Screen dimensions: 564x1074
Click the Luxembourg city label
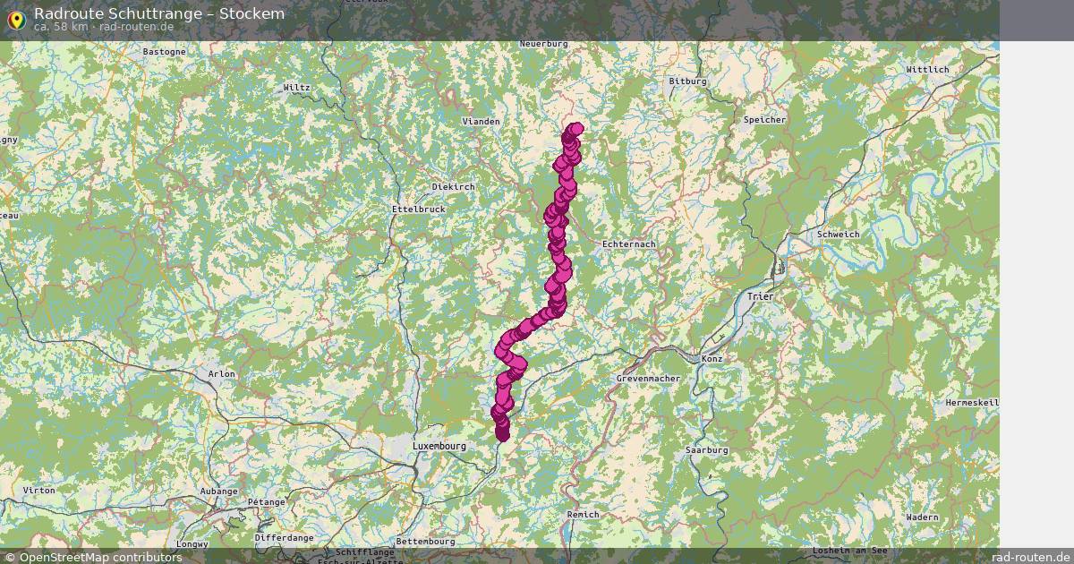(439, 446)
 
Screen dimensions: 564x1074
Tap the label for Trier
(761, 296)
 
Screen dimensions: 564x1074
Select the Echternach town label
(629, 244)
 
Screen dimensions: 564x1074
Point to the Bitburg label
(687, 81)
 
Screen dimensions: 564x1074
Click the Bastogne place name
(165, 52)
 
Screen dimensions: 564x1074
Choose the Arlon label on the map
(221, 374)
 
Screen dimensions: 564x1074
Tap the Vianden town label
(481, 121)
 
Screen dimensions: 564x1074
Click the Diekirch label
(453, 187)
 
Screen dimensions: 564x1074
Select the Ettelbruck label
(418, 209)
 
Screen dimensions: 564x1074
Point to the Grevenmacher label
(648, 379)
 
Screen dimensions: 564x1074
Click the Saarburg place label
(705, 450)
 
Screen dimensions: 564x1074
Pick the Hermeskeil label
(971, 403)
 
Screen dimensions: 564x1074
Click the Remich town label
(583, 515)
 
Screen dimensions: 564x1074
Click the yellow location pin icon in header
(16, 19)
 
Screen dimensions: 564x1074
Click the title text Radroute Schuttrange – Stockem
(159, 13)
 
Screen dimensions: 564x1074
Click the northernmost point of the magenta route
(575, 129)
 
